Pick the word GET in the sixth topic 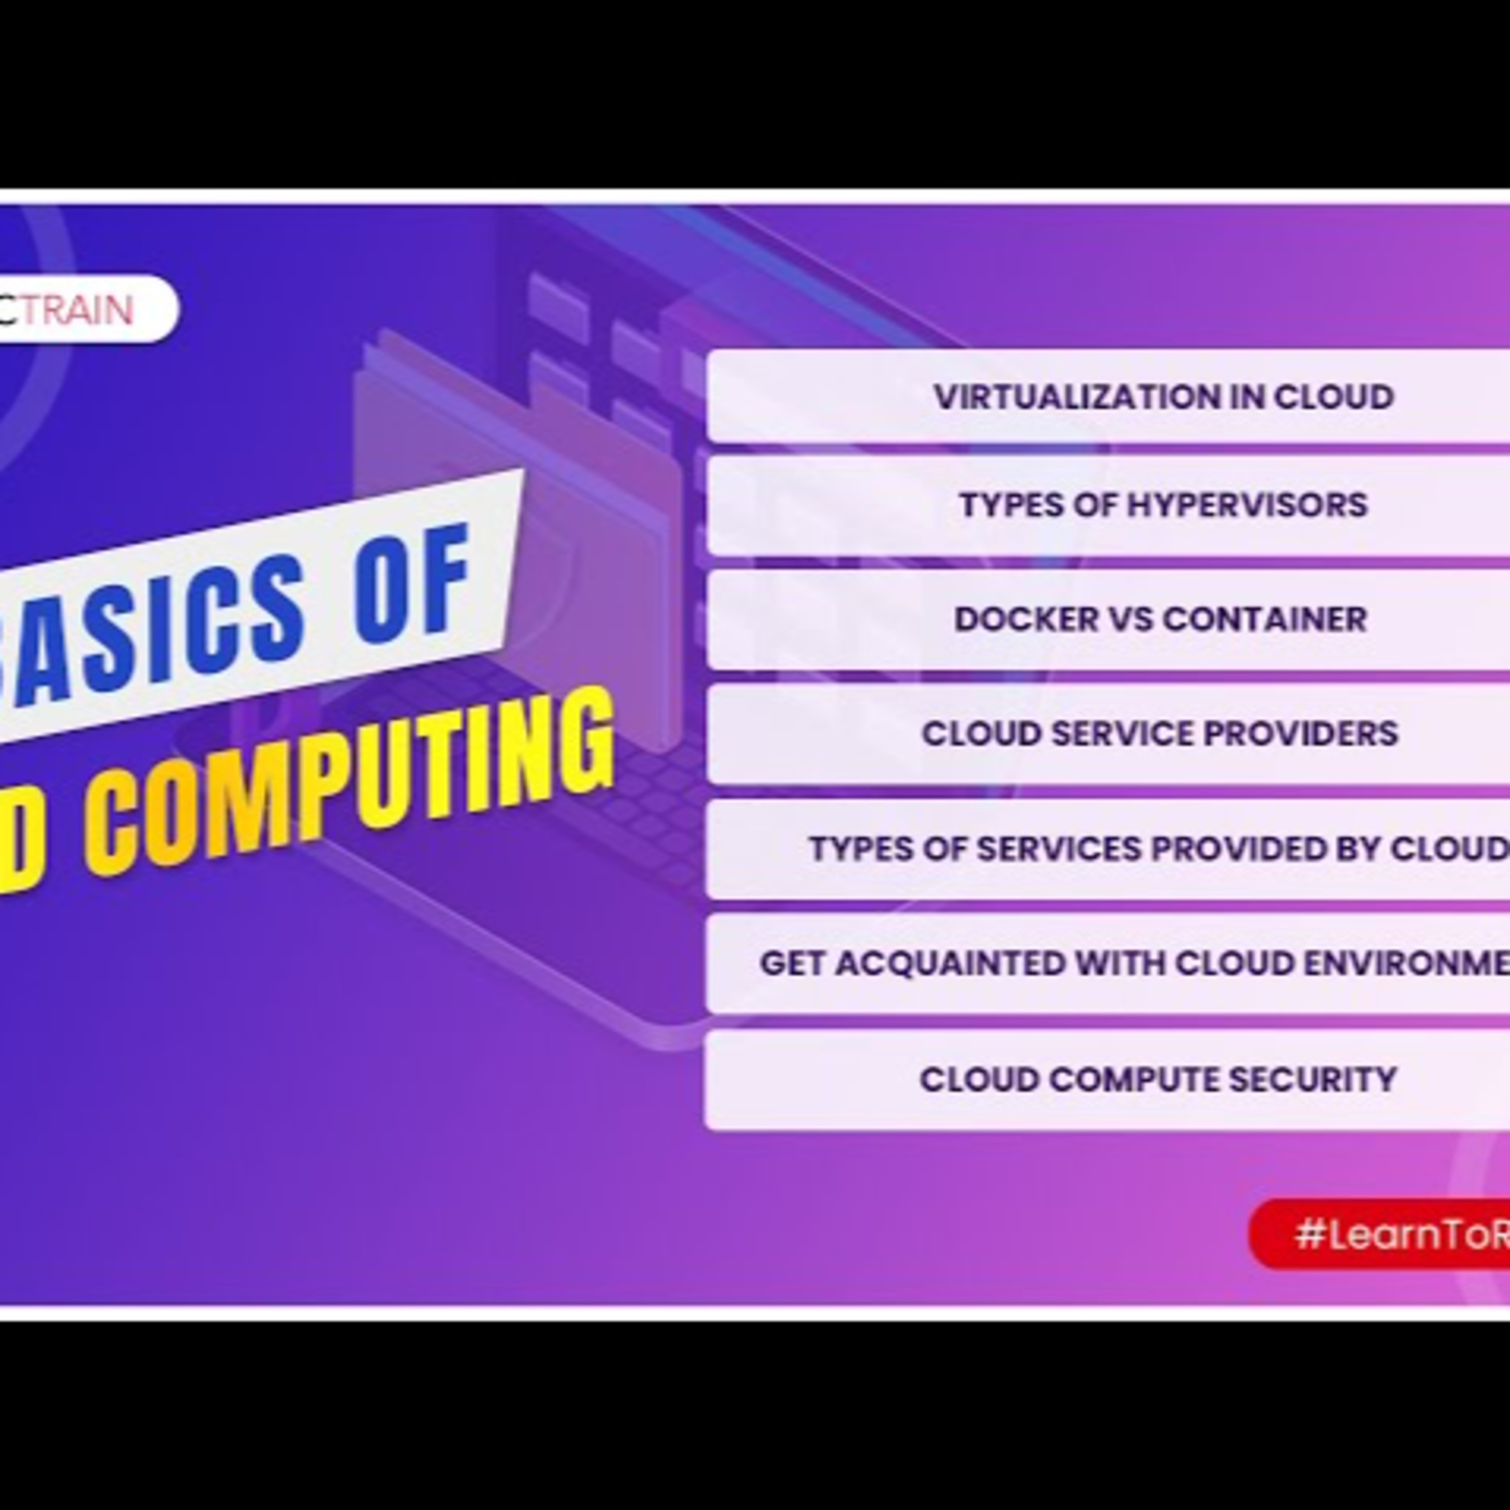(792, 964)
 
